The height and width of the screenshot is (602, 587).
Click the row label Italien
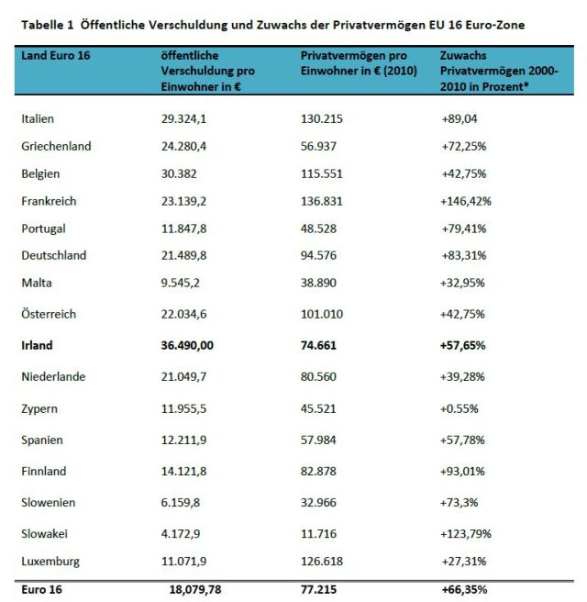pos(38,118)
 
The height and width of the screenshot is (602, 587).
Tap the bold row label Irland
pos(37,345)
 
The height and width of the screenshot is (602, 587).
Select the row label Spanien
pos(41,440)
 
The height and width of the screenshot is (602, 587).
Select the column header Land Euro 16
pos(55,56)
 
